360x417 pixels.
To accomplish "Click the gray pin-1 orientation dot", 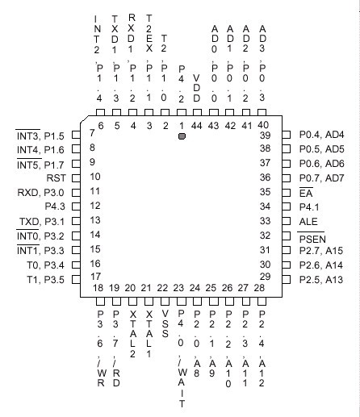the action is point(182,136).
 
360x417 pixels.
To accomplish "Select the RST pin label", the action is point(57,178).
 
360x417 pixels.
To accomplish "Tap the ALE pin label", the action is point(308,222).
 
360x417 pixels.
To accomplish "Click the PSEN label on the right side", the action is point(312,239).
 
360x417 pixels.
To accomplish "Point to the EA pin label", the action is point(306,194).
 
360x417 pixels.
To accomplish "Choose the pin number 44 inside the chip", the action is point(197,126).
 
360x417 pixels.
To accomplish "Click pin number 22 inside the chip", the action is point(162,288).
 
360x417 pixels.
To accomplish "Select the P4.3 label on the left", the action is point(55,206).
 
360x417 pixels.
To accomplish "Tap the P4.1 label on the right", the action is point(309,207).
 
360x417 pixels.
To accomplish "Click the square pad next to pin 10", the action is point(76,178).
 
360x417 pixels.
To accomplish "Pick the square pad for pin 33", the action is point(287,221).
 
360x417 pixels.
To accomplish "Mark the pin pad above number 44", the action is point(197,112).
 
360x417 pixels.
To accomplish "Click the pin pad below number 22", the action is point(165,301).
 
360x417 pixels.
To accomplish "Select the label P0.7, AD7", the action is point(321,178).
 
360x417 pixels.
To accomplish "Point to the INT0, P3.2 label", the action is point(40,236).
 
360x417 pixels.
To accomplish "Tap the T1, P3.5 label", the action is point(45,280).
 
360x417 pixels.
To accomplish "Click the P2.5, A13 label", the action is point(321,280).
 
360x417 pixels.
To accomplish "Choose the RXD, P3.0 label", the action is point(40,193).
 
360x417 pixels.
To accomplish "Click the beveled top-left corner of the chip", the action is point(84,119).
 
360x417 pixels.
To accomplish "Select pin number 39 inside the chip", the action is point(265,136).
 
